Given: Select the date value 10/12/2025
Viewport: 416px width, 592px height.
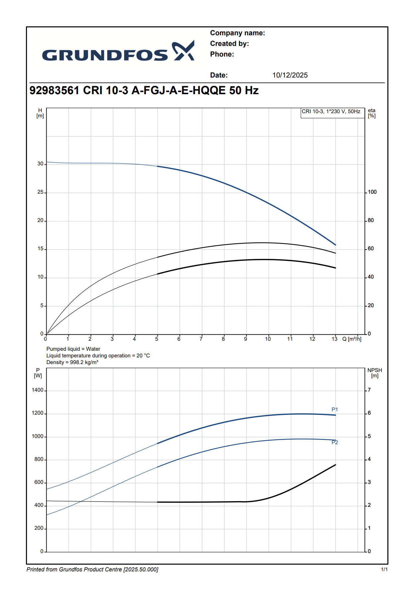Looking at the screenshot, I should pos(290,75).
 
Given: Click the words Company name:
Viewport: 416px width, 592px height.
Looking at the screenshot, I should pos(237,33).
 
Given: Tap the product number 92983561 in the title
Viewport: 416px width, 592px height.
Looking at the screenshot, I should pos(54,91).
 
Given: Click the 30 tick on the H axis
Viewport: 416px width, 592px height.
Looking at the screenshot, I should pos(40,164).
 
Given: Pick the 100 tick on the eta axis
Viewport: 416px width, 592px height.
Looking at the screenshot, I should pos(372,192).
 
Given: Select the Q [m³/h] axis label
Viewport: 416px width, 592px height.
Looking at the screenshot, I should pos(352,339).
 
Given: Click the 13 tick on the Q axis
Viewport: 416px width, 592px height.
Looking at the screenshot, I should pos(334,339).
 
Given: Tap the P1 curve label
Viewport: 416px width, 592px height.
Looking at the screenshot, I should pos(335,409).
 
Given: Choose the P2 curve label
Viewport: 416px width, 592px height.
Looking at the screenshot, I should pos(335,442).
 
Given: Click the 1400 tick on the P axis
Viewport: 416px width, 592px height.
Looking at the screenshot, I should pos(38,390).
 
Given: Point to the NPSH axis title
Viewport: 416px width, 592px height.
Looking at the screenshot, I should pos(374,373).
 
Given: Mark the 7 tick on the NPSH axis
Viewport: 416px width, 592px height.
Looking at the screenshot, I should pos(369,390).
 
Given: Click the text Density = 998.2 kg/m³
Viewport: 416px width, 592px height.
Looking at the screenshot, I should pos(72,362).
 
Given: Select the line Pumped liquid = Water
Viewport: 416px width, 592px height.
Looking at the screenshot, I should pos(73,349).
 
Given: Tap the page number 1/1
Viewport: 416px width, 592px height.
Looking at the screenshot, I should pos(384,569).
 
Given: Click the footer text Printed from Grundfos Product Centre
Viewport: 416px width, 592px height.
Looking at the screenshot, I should pos(92,569).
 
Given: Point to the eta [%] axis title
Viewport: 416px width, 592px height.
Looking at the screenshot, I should pos(371,113).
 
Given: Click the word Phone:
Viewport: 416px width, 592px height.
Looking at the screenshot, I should pos(222,54).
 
